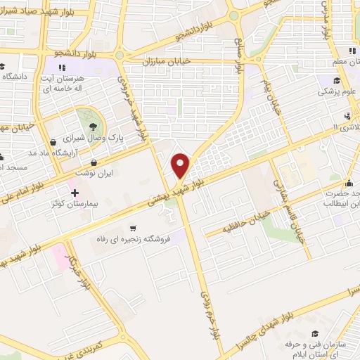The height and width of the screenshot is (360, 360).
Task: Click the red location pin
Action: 181,165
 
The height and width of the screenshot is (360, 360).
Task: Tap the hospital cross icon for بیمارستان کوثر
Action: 73,192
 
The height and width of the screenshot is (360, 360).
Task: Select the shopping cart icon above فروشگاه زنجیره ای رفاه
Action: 133,228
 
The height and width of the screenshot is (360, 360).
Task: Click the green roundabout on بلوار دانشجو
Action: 120,56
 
